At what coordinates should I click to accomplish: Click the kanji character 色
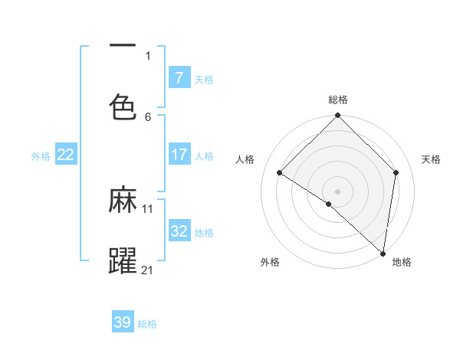click(123, 106)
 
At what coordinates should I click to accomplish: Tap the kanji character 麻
click(123, 201)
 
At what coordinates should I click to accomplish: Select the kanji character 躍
click(123, 261)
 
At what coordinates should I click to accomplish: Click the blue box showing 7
click(179, 78)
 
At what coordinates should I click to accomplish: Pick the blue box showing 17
click(179, 155)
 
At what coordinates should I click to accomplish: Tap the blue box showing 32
click(179, 231)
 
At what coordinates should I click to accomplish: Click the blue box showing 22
click(65, 155)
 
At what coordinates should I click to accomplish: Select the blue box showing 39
click(122, 322)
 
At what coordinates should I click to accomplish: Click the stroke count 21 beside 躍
click(148, 270)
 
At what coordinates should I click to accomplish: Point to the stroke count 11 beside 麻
click(148, 208)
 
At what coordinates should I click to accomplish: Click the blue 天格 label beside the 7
click(204, 79)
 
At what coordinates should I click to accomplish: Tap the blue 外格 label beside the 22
click(41, 155)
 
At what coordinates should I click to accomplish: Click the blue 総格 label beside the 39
click(147, 323)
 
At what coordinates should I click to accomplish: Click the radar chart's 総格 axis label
click(338, 100)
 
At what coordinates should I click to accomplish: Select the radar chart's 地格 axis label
click(402, 262)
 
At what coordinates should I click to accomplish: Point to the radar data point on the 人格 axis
click(280, 173)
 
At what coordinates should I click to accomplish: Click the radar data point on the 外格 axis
click(328, 205)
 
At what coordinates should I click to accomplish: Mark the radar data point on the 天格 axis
click(396, 172)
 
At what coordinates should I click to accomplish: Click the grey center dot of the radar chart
click(338, 191)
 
